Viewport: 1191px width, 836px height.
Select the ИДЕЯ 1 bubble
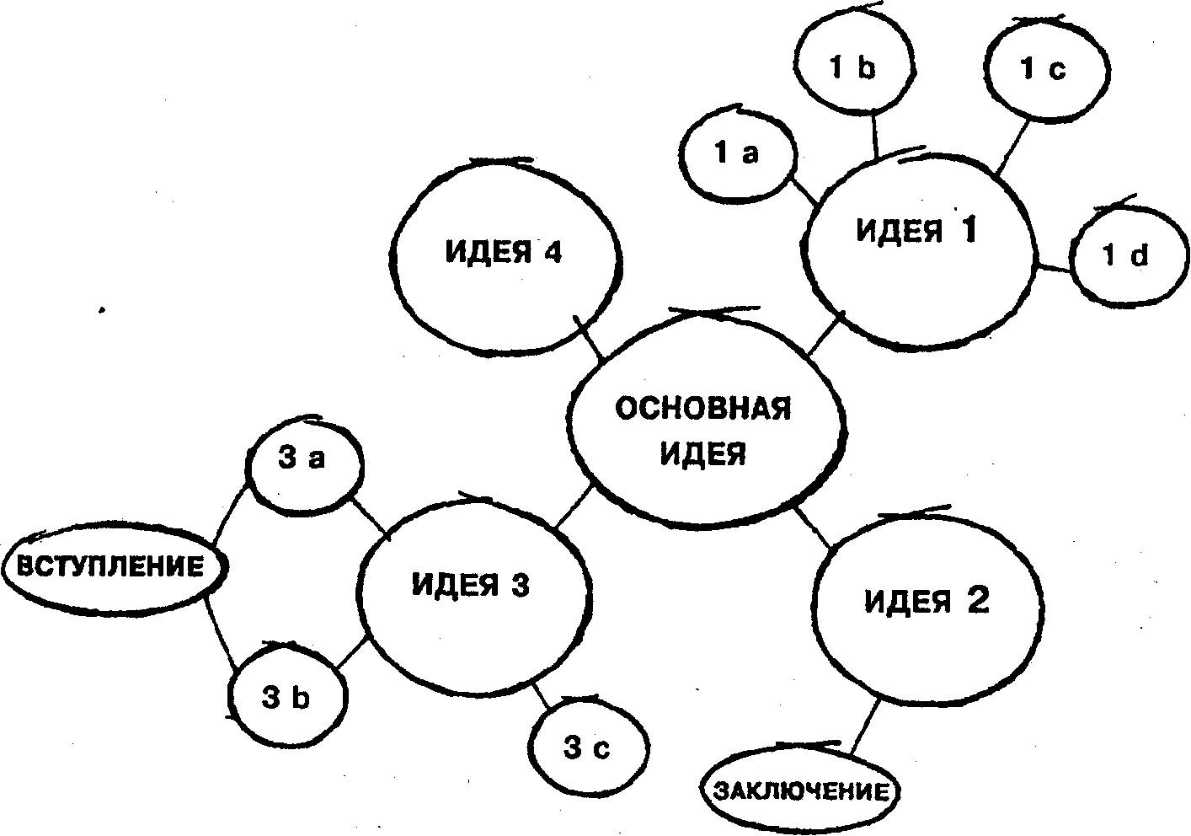pyautogui.click(x=918, y=244)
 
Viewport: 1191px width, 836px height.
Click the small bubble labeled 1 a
pyautogui.click(x=736, y=153)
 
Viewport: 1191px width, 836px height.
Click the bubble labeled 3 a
pyautogui.click(x=302, y=461)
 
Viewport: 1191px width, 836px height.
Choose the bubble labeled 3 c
pyautogui.click(x=586, y=748)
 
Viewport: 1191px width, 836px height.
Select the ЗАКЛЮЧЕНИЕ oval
pyautogui.click(x=800, y=791)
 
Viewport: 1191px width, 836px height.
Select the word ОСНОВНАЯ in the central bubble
pyautogui.click(x=703, y=410)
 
